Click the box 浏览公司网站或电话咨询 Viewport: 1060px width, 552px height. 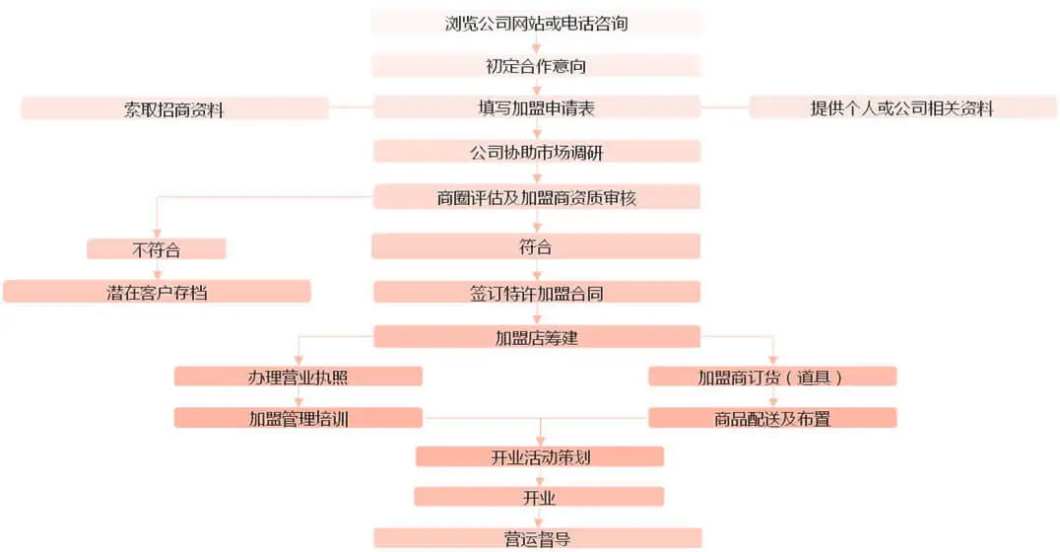click(x=536, y=23)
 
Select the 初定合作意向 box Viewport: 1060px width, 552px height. click(x=536, y=66)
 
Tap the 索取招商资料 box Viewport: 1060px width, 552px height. click(x=174, y=108)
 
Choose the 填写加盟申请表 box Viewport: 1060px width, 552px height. click(x=537, y=106)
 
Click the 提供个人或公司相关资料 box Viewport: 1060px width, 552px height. click(x=902, y=107)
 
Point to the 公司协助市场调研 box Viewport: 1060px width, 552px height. click(x=537, y=152)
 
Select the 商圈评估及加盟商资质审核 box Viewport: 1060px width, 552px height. click(x=537, y=197)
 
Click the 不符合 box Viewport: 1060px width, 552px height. click(x=157, y=249)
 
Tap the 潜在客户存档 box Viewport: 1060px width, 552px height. click(x=157, y=292)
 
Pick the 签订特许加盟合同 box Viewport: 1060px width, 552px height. click(x=537, y=292)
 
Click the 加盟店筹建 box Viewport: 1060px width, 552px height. click(x=537, y=337)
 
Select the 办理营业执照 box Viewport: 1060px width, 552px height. click(x=298, y=377)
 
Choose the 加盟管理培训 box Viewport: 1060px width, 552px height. click(x=298, y=418)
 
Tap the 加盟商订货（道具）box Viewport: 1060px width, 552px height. click(x=772, y=377)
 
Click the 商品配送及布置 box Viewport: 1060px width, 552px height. click(x=772, y=418)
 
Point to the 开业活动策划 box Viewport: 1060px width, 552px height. click(x=540, y=456)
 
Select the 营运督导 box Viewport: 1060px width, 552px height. click(x=538, y=538)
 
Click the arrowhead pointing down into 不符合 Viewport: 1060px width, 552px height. click(x=157, y=234)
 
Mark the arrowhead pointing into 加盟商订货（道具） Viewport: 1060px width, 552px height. click(x=772, y=361)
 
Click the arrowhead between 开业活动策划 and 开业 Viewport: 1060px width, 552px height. click(x=540, y=482)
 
